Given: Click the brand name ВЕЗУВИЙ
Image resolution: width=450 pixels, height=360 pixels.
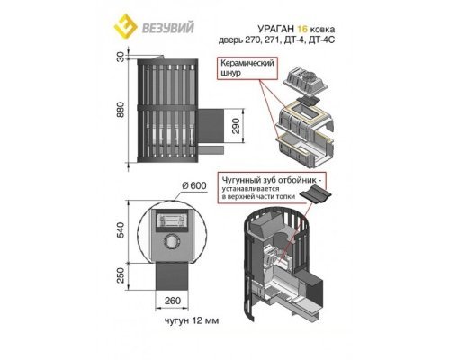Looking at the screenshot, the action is pos(167,27).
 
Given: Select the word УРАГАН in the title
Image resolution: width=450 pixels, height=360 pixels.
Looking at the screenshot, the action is pos(275,29).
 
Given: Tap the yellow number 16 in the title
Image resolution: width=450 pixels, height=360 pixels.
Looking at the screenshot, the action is pos(302,29).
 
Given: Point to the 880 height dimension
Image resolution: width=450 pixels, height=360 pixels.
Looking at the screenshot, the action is pos(120,110).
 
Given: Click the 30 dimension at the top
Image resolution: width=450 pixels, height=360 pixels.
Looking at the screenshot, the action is pos(120,57).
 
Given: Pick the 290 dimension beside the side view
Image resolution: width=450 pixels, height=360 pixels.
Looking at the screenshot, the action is pos(237,126).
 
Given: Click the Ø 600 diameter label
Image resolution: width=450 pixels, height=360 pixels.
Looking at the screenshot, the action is pos(194,185).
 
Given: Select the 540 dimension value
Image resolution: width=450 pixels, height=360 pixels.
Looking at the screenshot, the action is pos(120,229).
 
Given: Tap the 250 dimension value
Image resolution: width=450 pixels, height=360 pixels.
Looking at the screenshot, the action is pos(120,275).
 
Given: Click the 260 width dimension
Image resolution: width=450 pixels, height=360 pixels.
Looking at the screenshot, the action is pos(173,300).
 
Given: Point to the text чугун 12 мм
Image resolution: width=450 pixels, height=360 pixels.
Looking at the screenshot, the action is pos(192,320).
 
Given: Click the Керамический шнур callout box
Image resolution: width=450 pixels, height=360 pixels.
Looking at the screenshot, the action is pos(247,68).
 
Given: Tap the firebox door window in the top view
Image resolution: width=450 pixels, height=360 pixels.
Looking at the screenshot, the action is pos(172,220).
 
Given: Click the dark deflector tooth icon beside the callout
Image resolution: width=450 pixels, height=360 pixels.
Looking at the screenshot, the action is pos(314,193).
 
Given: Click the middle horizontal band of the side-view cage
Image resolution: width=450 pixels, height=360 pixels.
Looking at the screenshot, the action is pos(167,108).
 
